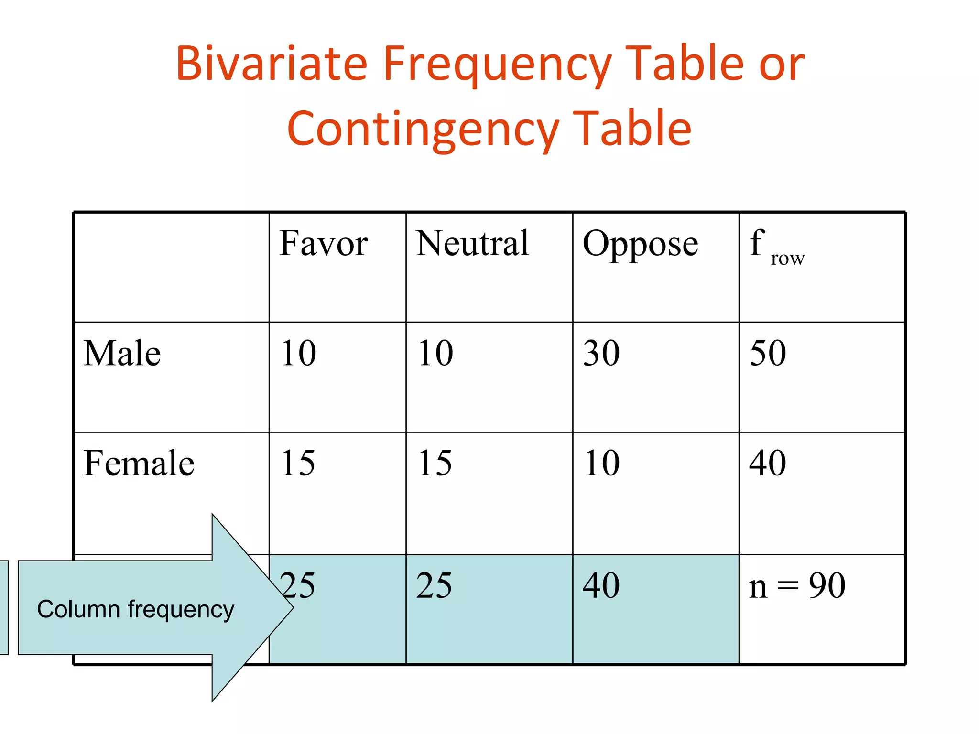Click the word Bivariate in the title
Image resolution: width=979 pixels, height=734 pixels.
(272, 64)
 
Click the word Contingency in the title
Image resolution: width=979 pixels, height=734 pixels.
(423, 129)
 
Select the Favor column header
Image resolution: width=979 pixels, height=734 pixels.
(323, 243)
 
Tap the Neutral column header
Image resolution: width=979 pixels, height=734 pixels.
(472, 243)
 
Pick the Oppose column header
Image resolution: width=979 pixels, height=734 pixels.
(640, 244)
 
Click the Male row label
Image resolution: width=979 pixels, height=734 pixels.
(122, 353)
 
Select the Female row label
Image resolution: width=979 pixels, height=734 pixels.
(139, 463)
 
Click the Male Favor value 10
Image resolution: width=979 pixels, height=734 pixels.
(298, 353)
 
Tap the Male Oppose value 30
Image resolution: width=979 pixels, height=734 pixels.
(601, 353)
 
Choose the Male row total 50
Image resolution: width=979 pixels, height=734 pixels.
(768, 353)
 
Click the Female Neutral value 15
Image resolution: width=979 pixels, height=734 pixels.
(435, 463)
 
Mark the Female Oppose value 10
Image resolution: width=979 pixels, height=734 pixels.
(601, 463)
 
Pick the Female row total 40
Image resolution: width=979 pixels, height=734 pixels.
(768, 463)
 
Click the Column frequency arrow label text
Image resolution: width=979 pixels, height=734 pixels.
(136, 609)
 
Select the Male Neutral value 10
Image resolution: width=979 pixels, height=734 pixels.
(435, 353)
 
